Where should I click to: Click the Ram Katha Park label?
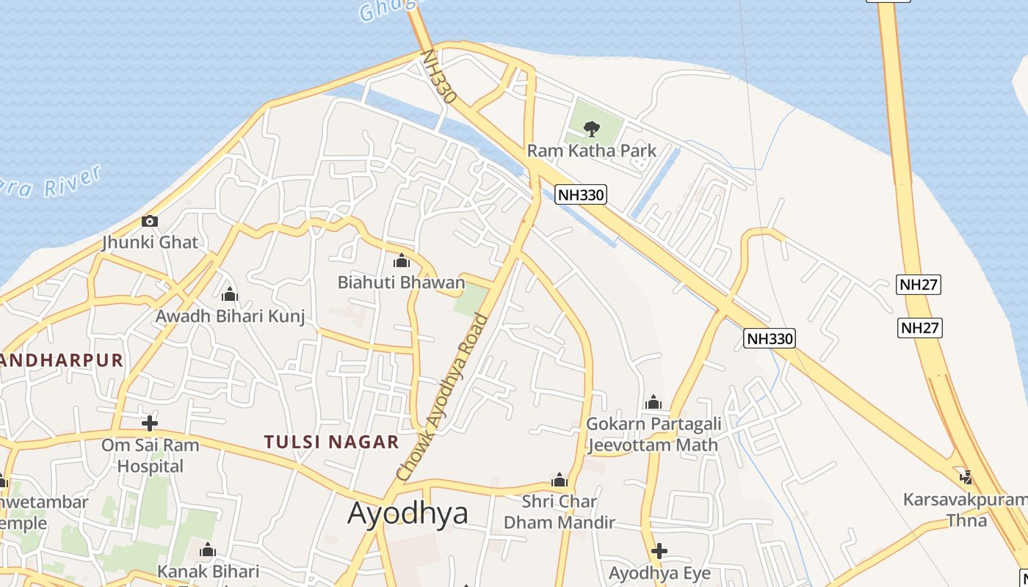coord(592,151)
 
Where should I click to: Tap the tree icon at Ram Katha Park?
coord(591,129)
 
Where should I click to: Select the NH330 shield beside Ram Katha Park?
coord(580,194)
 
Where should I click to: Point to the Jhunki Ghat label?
coord(151,242)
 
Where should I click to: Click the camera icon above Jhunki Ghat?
coord(150,221)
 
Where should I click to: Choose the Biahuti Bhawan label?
coord(401,282)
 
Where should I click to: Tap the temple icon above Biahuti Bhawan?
coord(401,261)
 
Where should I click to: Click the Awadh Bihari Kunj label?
coord(230,316)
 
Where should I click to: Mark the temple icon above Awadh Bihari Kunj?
coord(230,295)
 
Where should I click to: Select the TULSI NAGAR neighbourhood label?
coord(331,442)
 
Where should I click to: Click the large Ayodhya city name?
coord(408,513)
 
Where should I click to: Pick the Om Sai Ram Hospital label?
coord(150,455)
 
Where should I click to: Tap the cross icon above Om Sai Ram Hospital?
coord(150,423)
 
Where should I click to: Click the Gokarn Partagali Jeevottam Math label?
coord(653,434)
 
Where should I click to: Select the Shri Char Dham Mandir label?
coord(559,512)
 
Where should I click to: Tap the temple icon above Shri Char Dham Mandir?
coord(560,481)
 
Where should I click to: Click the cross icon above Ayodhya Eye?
coord(659,550)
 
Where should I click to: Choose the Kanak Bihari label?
coord(208,571)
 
